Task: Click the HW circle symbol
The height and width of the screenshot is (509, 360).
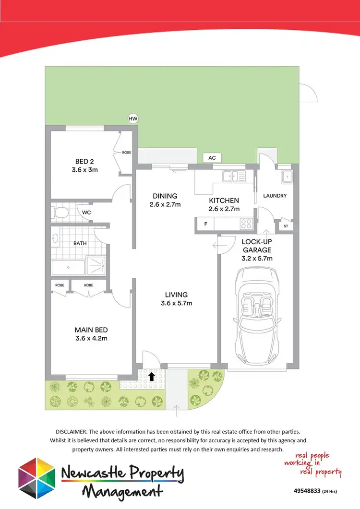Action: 132,118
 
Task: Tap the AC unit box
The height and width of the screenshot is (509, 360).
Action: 211,158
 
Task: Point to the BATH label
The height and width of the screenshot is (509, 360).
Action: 80,243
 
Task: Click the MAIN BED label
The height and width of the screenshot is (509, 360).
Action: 91,330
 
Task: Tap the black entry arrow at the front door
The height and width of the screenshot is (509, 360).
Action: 152,376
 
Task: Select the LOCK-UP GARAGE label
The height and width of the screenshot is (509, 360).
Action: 256,246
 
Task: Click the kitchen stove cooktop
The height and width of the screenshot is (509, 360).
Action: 246,223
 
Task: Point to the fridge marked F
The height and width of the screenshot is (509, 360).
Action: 206,224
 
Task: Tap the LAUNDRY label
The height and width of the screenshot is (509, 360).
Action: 275,196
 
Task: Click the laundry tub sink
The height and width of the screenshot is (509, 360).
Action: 287,177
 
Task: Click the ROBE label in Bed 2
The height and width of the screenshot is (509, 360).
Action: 127,153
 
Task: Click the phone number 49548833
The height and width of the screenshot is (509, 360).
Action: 308,491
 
